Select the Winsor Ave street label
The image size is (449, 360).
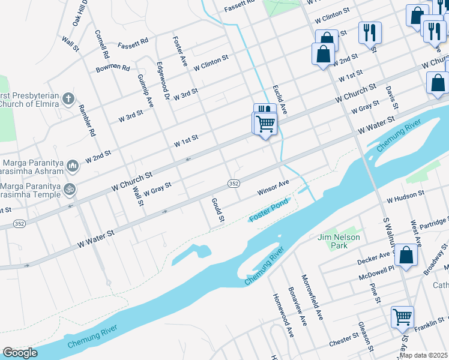274,187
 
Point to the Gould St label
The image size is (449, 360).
217,210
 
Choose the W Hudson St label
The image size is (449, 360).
405,196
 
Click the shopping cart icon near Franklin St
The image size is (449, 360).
402,316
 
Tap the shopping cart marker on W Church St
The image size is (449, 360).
265,124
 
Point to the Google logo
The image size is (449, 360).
20,353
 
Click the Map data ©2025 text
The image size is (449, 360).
423,355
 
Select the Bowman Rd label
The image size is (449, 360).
113,68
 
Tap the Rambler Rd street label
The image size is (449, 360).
88,121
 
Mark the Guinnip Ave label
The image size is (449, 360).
146,91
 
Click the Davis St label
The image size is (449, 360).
391,93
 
